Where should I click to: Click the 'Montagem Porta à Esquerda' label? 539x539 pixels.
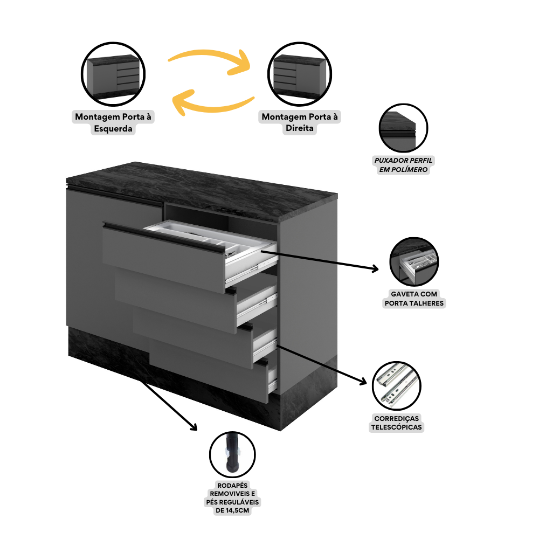113,122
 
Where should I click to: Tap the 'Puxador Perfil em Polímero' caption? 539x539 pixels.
404,165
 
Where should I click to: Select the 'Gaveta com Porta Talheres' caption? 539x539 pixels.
414,298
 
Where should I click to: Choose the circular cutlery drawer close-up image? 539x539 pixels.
414,262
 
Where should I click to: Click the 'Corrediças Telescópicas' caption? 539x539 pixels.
396,423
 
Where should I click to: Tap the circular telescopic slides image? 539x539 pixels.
396,386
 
